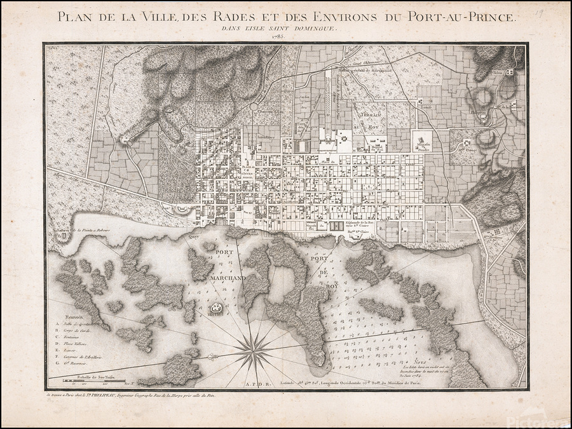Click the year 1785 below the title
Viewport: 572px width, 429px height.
click(278, 36)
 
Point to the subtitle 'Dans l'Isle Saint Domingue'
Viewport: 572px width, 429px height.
click(277, 28)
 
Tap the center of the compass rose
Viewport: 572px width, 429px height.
click(254, 349)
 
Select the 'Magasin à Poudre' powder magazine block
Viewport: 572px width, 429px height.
click(421, 142)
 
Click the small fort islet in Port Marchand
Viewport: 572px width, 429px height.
click(216, 308)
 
